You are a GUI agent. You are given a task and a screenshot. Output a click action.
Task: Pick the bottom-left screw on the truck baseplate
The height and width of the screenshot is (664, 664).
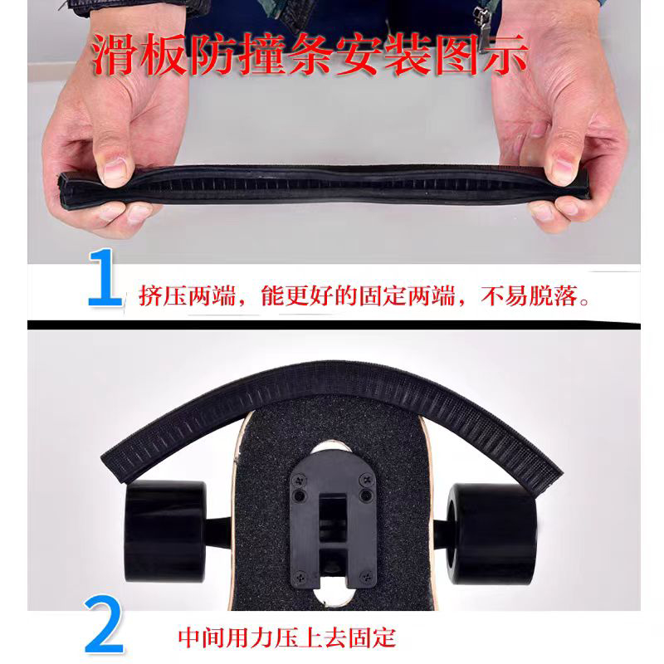298,571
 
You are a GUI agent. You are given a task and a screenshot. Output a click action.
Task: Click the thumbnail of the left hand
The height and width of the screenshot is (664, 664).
115,169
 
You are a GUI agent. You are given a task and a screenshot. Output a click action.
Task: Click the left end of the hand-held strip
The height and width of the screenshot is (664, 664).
65,188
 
